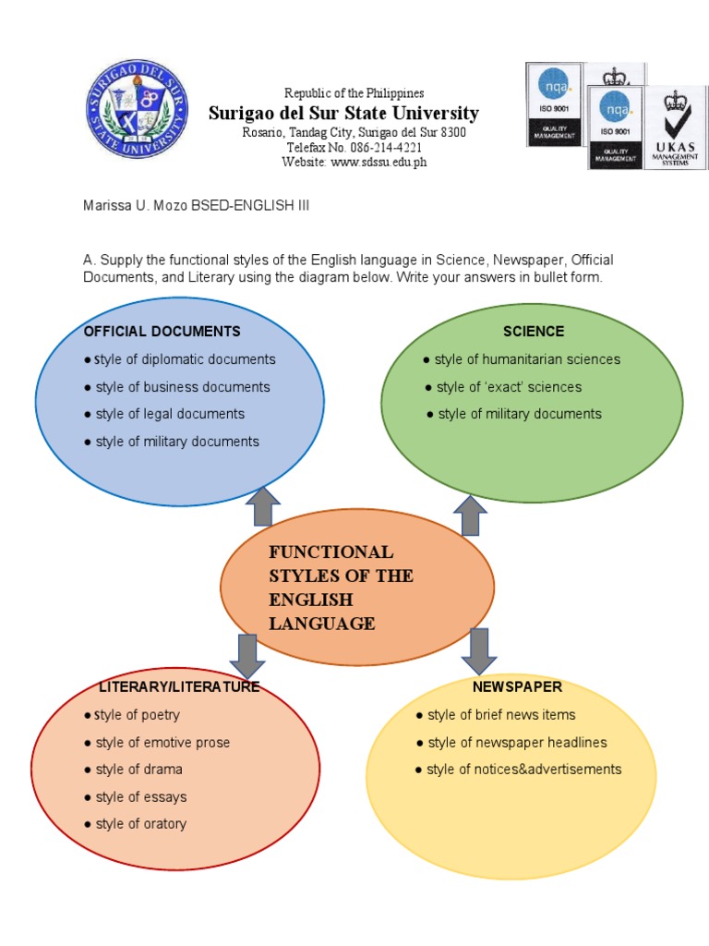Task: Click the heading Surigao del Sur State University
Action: coord(343,114)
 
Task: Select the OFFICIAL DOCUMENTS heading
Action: coord(162,331)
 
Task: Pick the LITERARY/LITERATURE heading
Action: coord(179,687)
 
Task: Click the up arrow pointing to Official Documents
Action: coord(263,507)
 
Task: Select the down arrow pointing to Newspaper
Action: coord(478,650)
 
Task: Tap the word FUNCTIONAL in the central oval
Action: coord(330,552)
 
